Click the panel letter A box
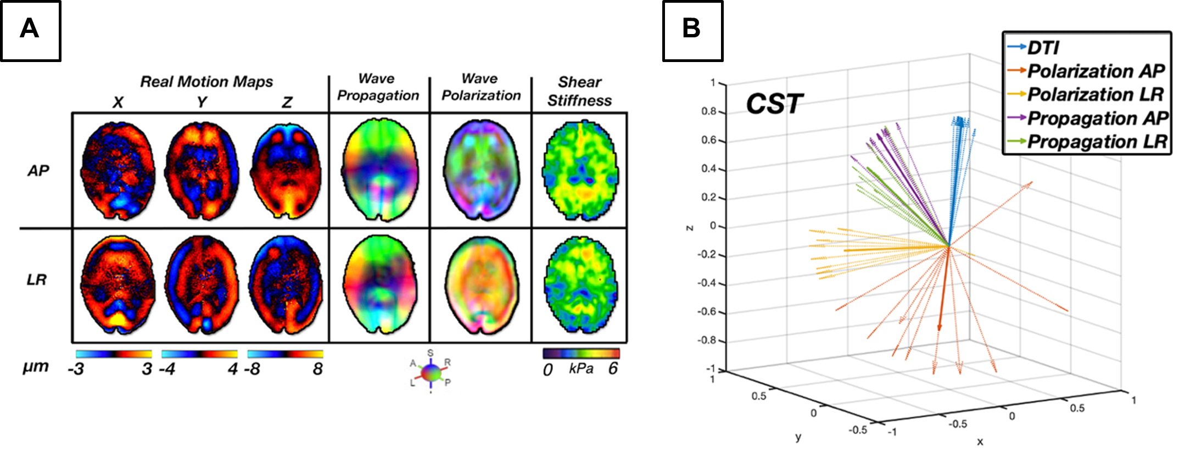coord(30,30)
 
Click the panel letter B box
coord(692,30)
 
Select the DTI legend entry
coord(1043,48)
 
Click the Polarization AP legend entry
coord(1095,71)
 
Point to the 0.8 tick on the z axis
coord(709,111)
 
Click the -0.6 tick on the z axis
coord(707,312)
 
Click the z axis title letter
coord(690,227)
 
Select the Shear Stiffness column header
coord(579,91)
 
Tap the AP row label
coord(38,171)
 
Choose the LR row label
coord(37,280)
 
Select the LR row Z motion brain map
coord(286,285)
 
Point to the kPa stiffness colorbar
coord(581,353)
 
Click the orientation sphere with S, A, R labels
coord(431,372)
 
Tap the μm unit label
coord(35,366)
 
